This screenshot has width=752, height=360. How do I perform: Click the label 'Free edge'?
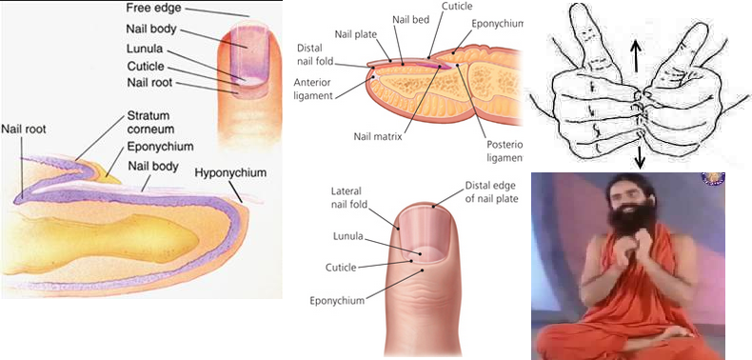tap(153, 9)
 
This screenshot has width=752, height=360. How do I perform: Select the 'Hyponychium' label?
tap(230, 172)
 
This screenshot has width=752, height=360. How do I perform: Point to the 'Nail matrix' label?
tap(378, 136)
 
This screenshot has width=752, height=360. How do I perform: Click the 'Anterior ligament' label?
tap(314, 89)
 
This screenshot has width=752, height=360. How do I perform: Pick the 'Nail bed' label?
tap(410, 20)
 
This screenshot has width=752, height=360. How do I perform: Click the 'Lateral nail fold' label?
tap(349, 198)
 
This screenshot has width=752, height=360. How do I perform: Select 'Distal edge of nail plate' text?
tap(491, 191)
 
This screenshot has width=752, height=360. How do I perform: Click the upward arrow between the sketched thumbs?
tap(636, 56)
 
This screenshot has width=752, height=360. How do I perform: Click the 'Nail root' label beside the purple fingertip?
tap(149, 82)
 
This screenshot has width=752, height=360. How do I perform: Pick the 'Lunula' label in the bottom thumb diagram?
tap(348, 236)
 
